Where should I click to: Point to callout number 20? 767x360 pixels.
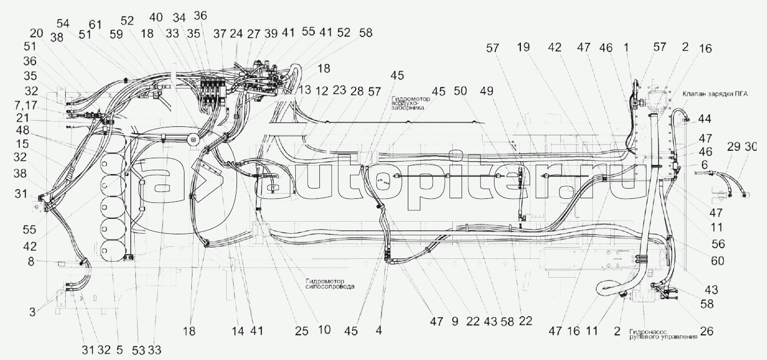coord(36,32)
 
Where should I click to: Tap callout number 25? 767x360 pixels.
coord(302,331)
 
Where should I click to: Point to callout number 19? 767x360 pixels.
coord(524,48)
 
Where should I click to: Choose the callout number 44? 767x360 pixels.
coord(704,120)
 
